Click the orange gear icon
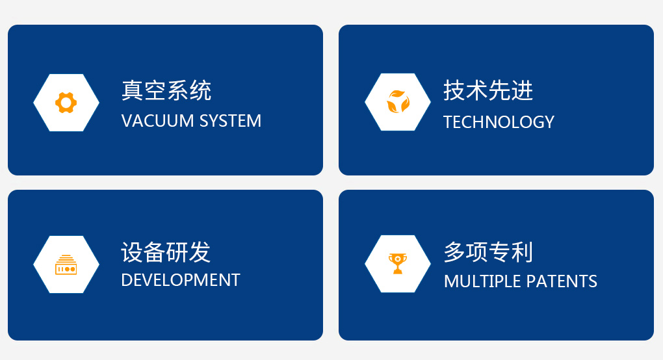[x=66, y=103]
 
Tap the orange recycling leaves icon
[x=398, y=101]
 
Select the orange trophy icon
[x=397, y=264]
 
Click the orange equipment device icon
[x=66, y=264]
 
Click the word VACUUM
[x=158, y=121]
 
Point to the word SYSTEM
[x=231, y=121]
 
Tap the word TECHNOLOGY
[x=499, y=122]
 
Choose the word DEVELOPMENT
[x=181, y=280]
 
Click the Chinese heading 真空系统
[x=166, y=90]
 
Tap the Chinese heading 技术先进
[x=488, y=90]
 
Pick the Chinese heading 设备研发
[x=166, y=252]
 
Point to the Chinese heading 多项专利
[x=488, y=252]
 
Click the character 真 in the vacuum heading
[x=133, y=90]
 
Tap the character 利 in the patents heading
[x=522, y=252]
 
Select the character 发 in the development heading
[x=200, y=252]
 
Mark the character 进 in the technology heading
[x=523, y=90]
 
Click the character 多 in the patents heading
[x=455, y=252]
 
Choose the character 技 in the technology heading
[x=454, y=90]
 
